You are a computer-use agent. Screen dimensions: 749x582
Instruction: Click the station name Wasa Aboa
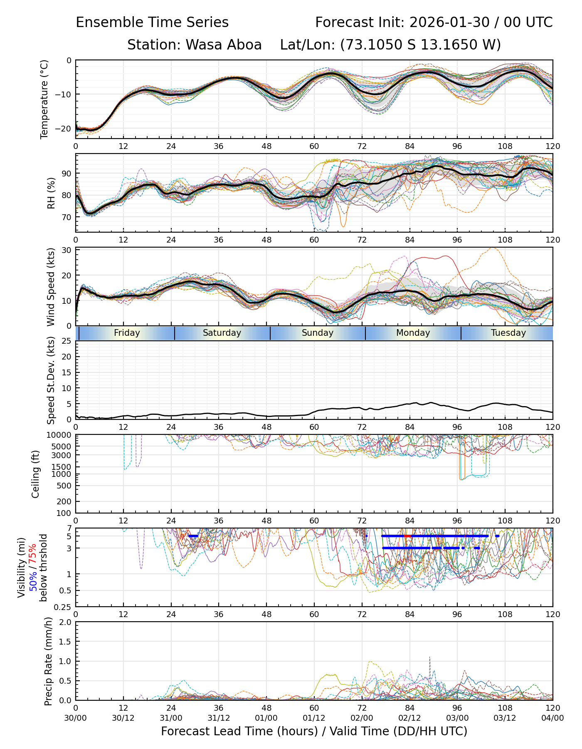click(223, 45)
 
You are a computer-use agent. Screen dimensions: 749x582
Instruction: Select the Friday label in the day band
click(127, 333)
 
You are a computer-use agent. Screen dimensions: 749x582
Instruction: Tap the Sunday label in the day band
click(318, 333)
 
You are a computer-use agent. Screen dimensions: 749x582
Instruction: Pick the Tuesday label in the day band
click(508, 333)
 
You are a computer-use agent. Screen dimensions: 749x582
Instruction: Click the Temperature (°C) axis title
click(44, 99)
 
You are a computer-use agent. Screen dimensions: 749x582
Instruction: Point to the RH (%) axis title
click(52, 193)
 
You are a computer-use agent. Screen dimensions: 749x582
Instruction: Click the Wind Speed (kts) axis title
click(51, 287)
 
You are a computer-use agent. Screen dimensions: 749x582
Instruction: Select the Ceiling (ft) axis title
click(36, 474)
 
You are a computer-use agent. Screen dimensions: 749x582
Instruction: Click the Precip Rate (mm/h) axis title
click(48, 661)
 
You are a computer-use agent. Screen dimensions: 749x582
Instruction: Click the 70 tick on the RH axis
click(66, 217)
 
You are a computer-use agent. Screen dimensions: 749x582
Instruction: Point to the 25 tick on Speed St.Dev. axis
click(66, 341)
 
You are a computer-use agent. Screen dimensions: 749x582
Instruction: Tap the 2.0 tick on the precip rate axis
click(65, 622)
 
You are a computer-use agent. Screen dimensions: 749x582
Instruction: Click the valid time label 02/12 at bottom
click(409, 718)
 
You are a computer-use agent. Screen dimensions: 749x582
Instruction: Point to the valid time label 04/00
click(552, 718)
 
